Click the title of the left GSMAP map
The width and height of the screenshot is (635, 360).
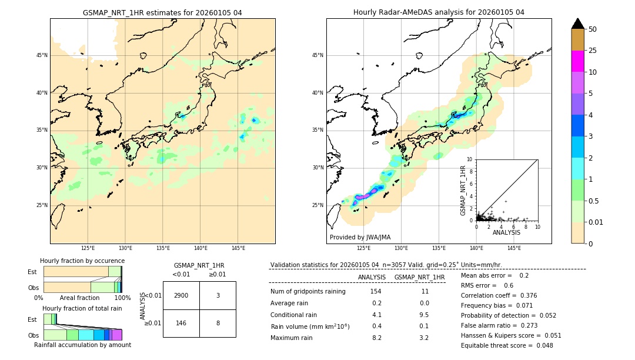[x=162, y=12]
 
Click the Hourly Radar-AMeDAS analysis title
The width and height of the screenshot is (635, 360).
[x=439, y=12]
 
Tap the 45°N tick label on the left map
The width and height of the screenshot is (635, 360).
[x=42, y=55]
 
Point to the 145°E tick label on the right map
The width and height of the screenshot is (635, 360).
[x=514, y=248]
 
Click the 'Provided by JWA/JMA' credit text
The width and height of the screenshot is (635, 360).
[x=360, y=237]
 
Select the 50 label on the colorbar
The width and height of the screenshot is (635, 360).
[x=593, y=29]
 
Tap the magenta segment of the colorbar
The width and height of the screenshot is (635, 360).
[x=578, y=61]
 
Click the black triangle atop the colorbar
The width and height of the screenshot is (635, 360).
[x=578, y=24]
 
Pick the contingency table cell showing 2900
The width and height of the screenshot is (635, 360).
[x=181, y=295]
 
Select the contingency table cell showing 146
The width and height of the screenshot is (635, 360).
[x=181, y=323]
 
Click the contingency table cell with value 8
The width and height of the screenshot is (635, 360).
[x=218, y=323]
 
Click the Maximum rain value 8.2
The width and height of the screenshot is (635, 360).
[x=376, y=338]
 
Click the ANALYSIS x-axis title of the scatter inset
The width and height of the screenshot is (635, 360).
[x=506, y=232]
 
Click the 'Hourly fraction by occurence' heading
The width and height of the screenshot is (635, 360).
[x=82, y=261]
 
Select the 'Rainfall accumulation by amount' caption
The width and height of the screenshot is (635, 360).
[x=82, y=345]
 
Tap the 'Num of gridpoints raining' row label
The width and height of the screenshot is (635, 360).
[x=308, y=292]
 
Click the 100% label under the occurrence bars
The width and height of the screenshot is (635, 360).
[x=122, y=298]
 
